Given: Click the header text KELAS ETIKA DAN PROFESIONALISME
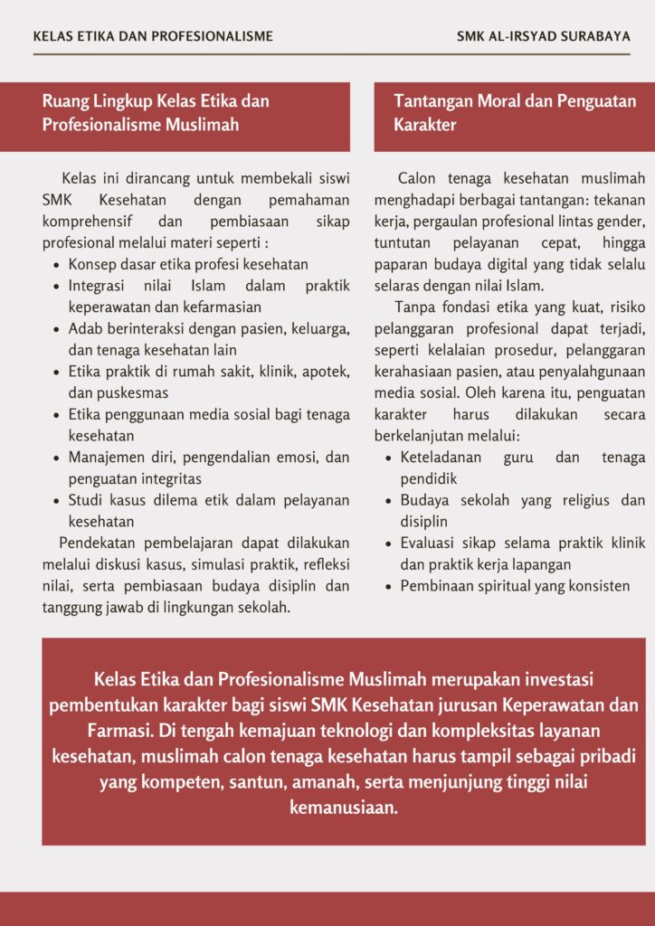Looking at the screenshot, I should coord(153,37).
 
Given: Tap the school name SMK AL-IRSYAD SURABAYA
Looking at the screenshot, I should coord(544,37).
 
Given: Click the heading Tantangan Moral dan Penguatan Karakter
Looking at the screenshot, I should coord(514,113).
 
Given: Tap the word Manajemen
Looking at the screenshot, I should coord(109,458).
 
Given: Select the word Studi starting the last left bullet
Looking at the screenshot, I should coord(87,500).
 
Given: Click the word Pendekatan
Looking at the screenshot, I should coord(103,543).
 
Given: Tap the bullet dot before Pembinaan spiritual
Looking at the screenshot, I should coord(389,586).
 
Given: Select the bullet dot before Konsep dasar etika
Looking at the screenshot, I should coord(57,265).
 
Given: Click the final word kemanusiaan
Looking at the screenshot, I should coord(344,807).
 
